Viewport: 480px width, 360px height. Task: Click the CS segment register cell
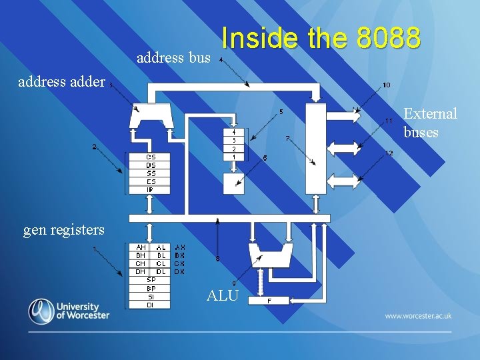151,157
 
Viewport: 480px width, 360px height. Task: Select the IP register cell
151,189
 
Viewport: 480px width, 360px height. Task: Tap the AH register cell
141,247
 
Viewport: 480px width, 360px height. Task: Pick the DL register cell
161,271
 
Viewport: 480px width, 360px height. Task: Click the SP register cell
151,280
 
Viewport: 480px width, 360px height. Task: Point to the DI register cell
151,305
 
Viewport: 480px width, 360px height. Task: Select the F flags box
269,301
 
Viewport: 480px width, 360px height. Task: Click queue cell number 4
233,132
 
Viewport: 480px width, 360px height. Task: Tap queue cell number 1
233,157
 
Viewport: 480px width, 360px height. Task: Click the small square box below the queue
233,185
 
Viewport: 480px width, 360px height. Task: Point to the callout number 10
387,85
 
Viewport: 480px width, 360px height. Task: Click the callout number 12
389,153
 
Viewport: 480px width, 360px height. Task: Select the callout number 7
287,138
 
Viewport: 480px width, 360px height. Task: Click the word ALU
222,295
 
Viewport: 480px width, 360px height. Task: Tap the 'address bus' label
173,58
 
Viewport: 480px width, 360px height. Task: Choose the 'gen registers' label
64,230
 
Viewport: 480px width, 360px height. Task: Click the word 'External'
431,114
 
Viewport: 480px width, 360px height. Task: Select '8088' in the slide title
388,39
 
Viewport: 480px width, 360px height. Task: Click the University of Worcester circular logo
41,311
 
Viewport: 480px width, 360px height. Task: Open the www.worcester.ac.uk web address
418,315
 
